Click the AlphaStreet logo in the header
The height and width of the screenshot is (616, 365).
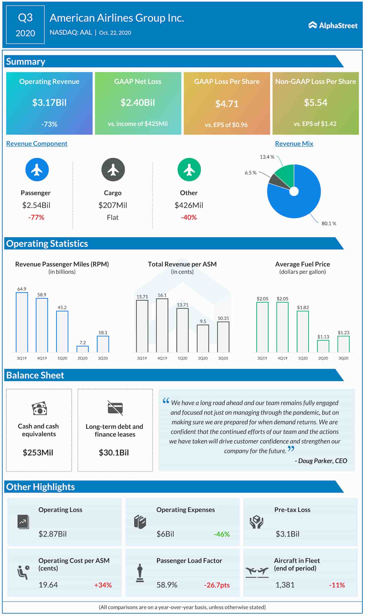pyautogui.click(x=333, y=25)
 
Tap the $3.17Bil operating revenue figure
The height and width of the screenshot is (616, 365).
pyautogui.click(x=49, y=103)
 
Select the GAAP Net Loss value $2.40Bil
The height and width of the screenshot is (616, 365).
pyautogui.click(x=138, y=103)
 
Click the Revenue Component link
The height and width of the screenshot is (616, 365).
pyautogui.click(x=37, y=144)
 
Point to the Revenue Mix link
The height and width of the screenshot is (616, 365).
pyautogui.click(x=294, y=144)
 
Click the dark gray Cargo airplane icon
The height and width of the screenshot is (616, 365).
pyautogui.click(x=113, y=170)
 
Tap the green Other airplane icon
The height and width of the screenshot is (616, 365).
pyautogui.click(x=189, y=170)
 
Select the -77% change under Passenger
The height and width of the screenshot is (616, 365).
pyautogui.click(x=36, y=217)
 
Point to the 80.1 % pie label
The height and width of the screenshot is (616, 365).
pyautogui.click(x=329, y=223)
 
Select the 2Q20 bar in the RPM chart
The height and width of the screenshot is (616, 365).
pyautogui.click(x=83, y=349)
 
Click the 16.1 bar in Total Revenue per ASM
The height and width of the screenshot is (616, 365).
pyautogui.click(x=162, y=325)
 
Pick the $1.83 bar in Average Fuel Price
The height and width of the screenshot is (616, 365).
pyautogui.click(x=303, y=331)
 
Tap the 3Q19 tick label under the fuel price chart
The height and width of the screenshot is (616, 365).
pyautogui.click(x=262, y=358)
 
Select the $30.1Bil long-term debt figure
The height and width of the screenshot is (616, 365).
pyautogui.click(x=114, y=453)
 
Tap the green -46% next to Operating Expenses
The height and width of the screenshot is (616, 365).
pyautogui.click(x=222, y=534)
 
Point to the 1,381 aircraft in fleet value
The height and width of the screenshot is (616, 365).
pyautogui.click(x=285, y=585)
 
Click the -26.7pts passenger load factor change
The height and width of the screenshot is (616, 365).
pyautogui.click(x=217, y=585)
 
